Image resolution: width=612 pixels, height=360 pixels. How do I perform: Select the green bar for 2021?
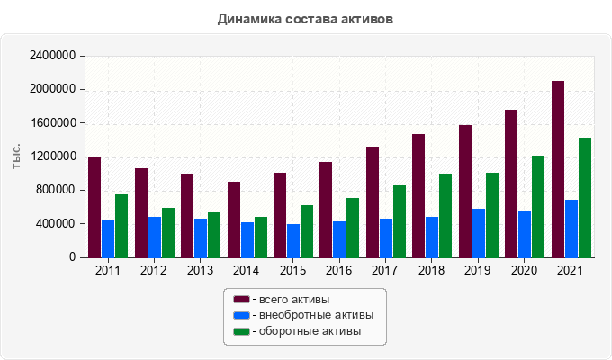[585, 197]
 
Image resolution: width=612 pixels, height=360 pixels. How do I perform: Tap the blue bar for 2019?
[479, 233]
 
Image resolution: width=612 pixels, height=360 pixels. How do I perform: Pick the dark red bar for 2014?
[233, 220]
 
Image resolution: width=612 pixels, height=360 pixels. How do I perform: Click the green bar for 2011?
[121, 226]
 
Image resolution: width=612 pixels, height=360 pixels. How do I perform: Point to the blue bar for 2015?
[293, 240]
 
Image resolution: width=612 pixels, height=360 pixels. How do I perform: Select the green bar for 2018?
[445, 215]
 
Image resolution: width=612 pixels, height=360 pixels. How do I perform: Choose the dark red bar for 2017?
[373, 202]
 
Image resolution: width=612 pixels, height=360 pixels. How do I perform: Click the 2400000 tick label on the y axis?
[53, 56]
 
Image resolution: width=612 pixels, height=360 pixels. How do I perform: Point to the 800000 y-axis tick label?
[57, 190]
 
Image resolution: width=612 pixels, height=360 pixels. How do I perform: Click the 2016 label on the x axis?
[339, 270]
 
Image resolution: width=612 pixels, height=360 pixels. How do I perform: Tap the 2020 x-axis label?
[525, 270]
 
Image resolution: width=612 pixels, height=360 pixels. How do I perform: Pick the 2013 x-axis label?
[201, 270]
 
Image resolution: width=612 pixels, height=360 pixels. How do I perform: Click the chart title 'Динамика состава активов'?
[306, 18]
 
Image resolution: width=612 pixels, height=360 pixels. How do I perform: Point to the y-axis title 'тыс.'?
[17, 157]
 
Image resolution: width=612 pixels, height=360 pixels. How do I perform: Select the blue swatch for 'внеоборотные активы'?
[241, 315]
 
